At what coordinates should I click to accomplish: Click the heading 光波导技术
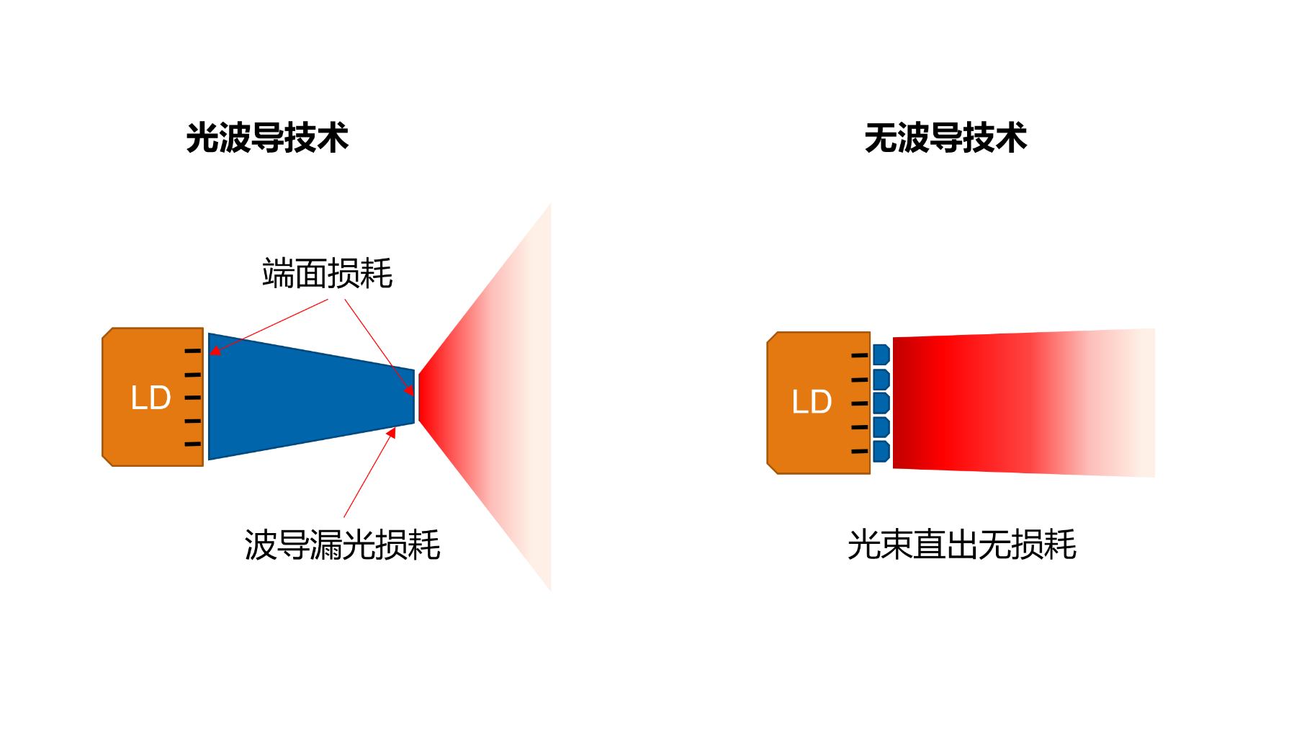[267, 138]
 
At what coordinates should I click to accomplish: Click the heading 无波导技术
[945, 138]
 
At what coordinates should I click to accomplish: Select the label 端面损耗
[328, 274]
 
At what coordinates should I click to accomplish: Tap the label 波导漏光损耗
[342, 545]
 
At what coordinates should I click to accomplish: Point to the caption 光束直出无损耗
[962, 545]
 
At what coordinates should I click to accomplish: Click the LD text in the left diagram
[150, 398]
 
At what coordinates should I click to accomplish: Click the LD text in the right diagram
[812, 402]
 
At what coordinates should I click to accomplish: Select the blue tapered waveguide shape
[311, 396]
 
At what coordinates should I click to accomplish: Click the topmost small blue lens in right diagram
[881, 354]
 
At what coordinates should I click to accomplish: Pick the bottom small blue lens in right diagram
[881, 452]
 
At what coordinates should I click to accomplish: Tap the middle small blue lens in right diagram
[881, 403]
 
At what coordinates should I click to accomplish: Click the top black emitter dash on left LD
[193, 351]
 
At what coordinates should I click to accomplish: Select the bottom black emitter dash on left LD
[193, 444]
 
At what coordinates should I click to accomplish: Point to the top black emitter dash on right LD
[860, 355]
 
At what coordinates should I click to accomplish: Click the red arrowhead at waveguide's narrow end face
[410, 390]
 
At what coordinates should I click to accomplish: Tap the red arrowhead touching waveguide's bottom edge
[391, 433]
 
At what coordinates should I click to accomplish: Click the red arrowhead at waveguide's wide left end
[215, 351]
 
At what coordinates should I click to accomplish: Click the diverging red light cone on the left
[485, 397]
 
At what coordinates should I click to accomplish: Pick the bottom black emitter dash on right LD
[860, 452]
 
